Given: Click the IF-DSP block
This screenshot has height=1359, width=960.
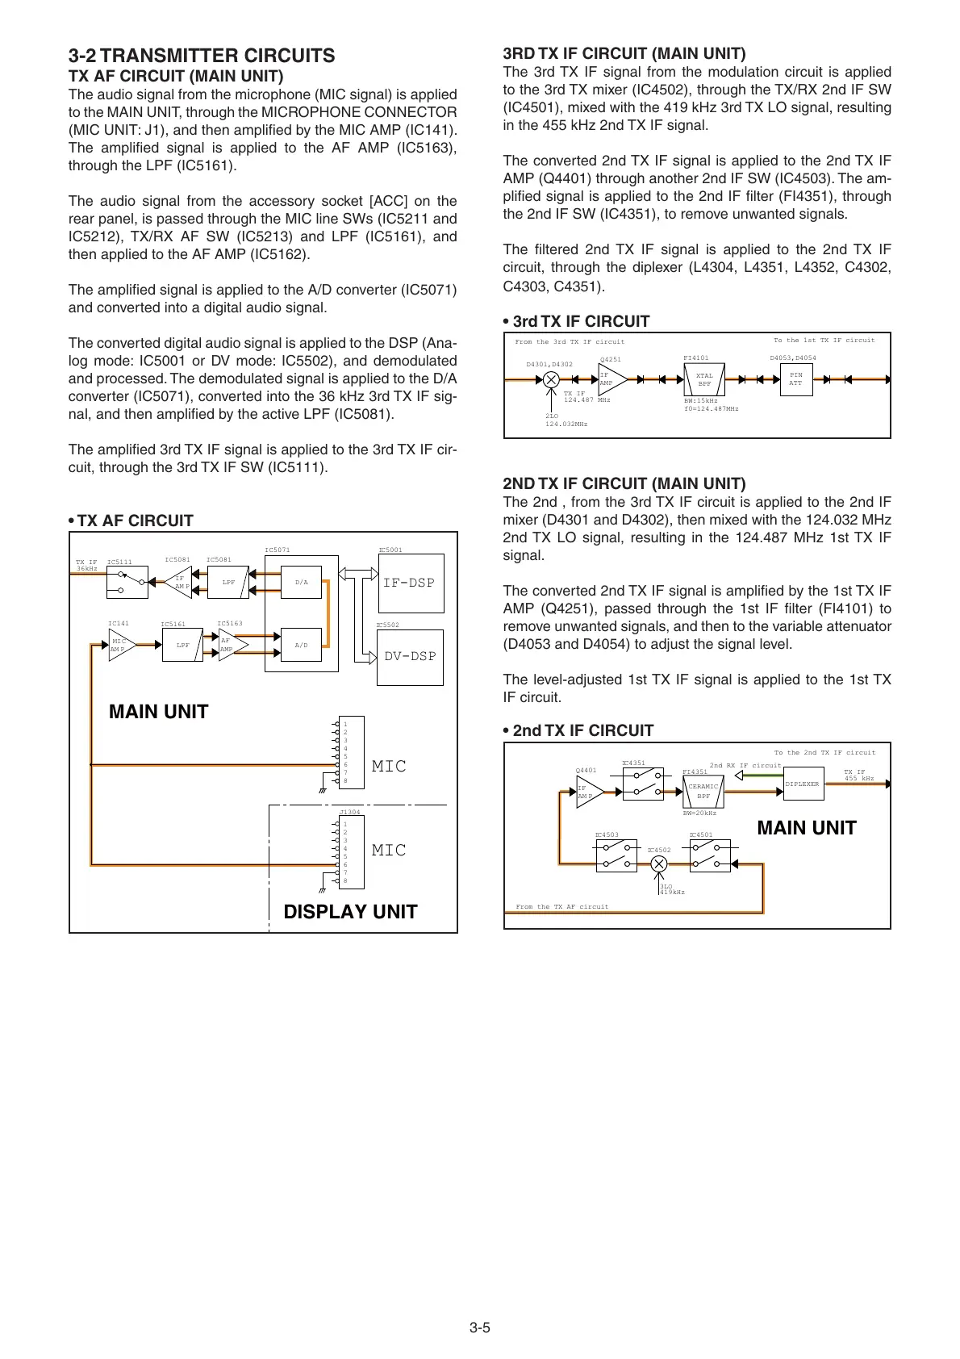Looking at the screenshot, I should click(x=411, y=583).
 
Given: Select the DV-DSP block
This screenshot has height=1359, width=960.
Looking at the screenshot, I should click(x=410, y=657).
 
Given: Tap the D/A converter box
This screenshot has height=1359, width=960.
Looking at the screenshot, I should click(x=301, y=582).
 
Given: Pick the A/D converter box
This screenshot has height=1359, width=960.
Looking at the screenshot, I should click(x=301, y=646).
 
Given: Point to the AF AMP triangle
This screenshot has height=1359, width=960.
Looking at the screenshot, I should click(x=230, y=646).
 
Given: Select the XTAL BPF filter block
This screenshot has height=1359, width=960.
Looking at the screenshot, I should click(x=704, y=379).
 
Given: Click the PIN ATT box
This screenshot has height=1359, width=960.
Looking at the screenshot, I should click(x=795, y=379).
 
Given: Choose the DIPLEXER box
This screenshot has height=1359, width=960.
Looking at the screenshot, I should click(x=803, y=784).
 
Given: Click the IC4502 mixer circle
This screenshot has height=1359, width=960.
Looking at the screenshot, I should click(x=659, y=863).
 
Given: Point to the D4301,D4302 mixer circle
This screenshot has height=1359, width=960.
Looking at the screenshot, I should click(x=551, y=378).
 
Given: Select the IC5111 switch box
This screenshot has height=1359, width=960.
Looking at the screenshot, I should click(x=127, y=582).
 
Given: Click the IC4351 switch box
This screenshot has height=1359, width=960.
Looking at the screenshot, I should click(x=643, y=784).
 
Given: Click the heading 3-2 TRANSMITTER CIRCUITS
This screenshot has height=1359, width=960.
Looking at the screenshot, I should click(x=202, y=56).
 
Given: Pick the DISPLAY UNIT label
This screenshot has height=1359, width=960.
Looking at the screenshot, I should click(x=350, y=912).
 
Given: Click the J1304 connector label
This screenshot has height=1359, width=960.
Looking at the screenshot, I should click(x=350, y=812).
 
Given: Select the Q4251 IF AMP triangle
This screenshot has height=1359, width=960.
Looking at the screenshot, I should click(x=611, y=379).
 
